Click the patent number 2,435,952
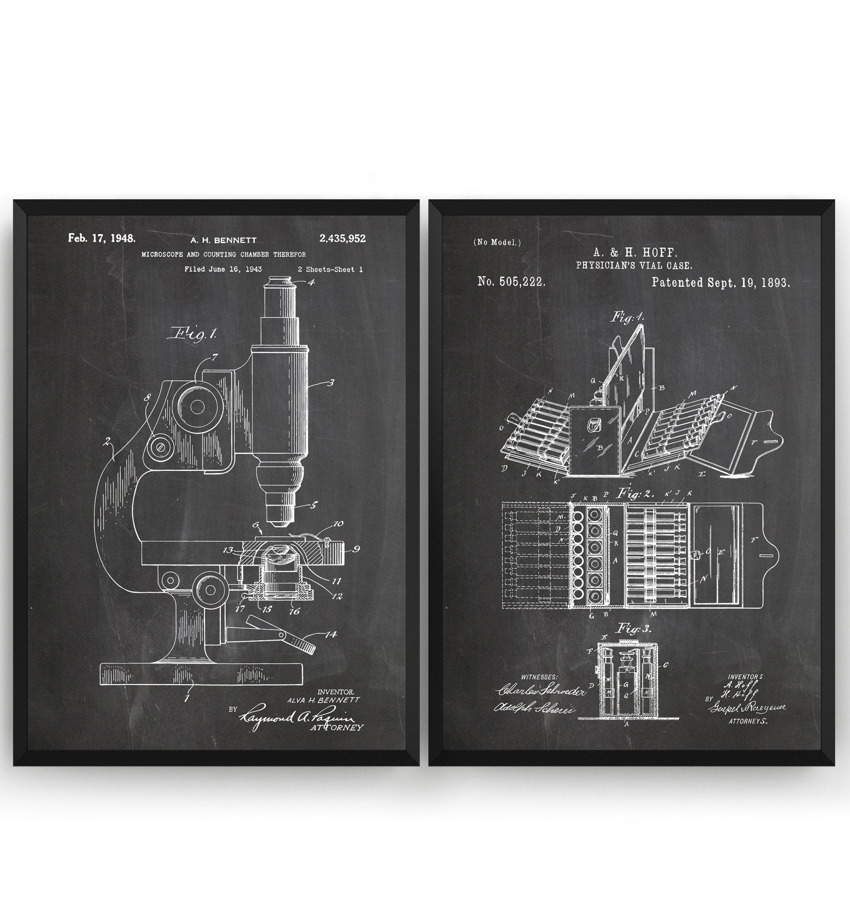coord(342,239)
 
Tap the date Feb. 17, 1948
coord(102,238)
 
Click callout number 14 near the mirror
coord(332,634)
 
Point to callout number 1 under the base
coord(187,698)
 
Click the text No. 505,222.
coord(511,282)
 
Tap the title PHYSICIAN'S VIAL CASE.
coord(633,265)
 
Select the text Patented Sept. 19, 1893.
coord(720,283)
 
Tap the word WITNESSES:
coord(539,677)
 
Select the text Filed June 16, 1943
coord(223,269)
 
